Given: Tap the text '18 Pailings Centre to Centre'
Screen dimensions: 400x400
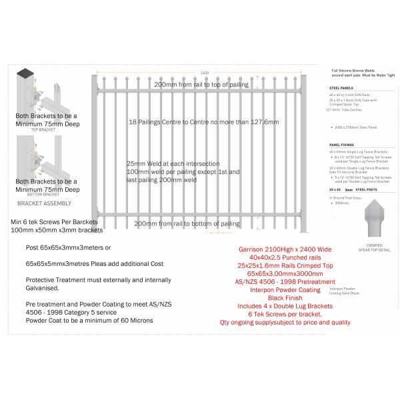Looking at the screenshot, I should click(x=203, y=123).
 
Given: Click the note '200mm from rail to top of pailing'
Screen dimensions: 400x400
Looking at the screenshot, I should click(x=201, y=85).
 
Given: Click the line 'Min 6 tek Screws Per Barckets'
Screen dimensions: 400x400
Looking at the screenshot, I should click(x=55, y=221).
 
